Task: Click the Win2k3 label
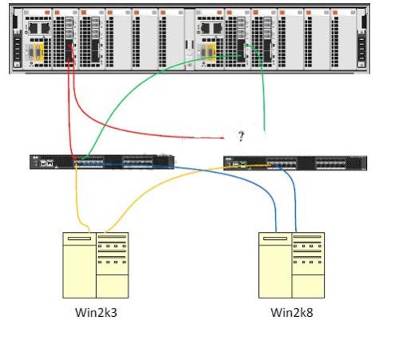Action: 96,313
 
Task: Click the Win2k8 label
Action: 292,313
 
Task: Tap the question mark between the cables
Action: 241,136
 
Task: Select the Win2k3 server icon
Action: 96,265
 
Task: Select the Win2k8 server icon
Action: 292,265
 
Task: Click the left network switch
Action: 102,162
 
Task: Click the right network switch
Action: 295,163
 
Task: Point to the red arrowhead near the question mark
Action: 221,138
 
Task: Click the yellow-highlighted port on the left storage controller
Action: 38,53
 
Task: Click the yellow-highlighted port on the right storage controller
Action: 211,53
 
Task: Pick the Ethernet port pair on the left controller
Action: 39,28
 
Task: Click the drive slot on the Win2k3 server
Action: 79,238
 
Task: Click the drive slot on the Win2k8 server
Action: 275,238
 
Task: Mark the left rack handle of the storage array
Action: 18,49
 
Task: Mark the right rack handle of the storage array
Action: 361,49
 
